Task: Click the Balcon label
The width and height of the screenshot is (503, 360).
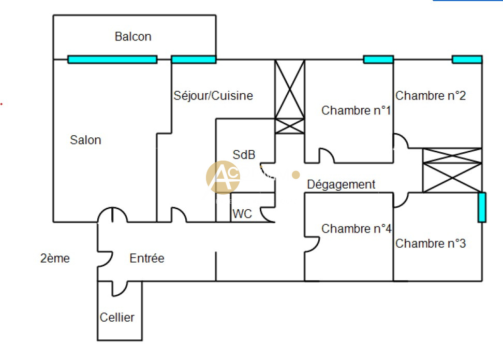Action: click(133, 37)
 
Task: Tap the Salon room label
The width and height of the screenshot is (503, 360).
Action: click(86, 140)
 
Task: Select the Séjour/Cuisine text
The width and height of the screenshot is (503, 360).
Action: click(213, 96)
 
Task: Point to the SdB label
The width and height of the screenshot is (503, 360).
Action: click(244, 154)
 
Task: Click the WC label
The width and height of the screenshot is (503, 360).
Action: click(242, 213)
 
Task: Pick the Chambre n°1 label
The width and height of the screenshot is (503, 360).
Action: click(356, 110)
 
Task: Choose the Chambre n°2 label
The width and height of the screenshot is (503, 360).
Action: click(431, 96)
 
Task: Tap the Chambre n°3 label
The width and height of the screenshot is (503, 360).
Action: click(431, 243)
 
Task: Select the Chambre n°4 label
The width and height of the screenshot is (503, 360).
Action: click(356, 228)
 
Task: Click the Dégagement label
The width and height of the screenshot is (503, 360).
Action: click(341, 184)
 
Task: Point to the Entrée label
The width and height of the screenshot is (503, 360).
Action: click(147, 258)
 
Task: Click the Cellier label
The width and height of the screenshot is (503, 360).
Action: click(117, 318)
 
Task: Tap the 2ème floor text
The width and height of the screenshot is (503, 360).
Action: click(55, 258)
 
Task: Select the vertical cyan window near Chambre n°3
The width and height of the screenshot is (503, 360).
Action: click(482, 207)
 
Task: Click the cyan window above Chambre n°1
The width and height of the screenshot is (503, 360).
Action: click(378, 60)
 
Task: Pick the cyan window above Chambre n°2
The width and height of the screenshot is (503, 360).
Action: click(467, 60)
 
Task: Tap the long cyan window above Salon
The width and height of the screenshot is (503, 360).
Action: click(112, 60)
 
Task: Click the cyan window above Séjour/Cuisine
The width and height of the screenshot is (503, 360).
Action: click(194, 60)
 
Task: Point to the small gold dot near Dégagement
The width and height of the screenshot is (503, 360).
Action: click(295, 175)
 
